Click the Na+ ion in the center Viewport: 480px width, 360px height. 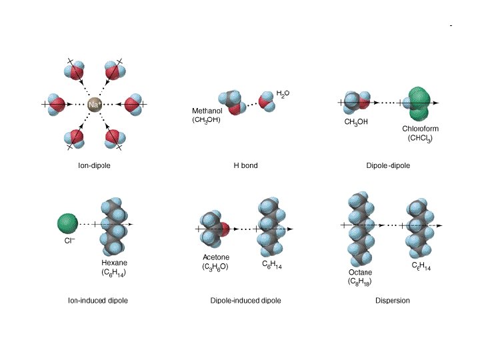pyautogui.click(x=94, y=104)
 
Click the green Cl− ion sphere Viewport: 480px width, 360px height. pyautogui.click(x=67, y=223)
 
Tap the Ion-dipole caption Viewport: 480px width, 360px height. pyautogui.click(x=94, y=165)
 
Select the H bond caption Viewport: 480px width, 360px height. pyautogui.click(x=245, y=165)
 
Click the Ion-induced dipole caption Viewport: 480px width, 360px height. pyautogui.click(x=98, y=301)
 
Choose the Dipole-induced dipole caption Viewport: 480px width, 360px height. pyautogui.click(x=245, y=301)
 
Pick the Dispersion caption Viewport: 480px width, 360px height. pyautogui.click(x=393, y=301)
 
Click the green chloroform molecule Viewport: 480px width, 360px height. pyautogui.click(x=419, y=103)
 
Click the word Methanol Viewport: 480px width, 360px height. pyautogui.click(x=207, y=111)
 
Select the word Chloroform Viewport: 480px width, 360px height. pyautogui.click(x=420, y=129)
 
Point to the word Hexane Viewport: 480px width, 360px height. pyautogui.click(x=114, y=263)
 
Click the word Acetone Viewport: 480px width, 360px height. pyautogui.click(x=215, y=257)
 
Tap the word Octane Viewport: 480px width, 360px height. pyautogui.click(x=360, y=273)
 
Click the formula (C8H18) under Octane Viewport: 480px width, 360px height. pyautogui.click(x=360, y=282)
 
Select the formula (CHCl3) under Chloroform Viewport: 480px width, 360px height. pyautogui.click(x=420, y=138)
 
